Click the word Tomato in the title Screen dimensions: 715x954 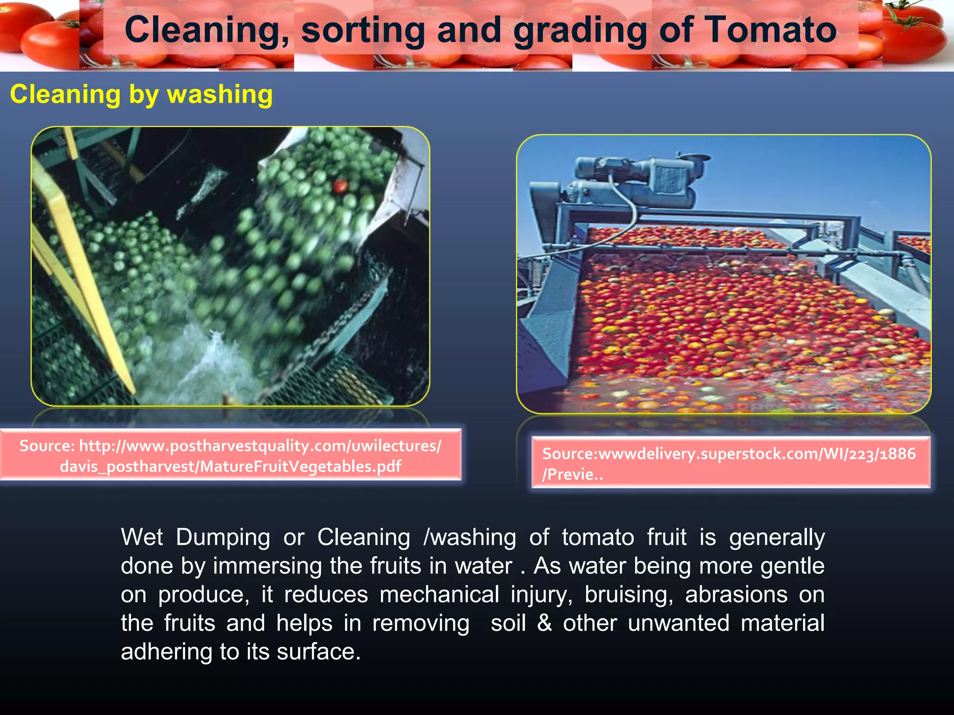coord(770,30)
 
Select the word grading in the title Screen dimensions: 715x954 coord(580,30)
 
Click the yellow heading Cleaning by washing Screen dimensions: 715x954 coord(141,94)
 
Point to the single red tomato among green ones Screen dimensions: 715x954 coord(341,187)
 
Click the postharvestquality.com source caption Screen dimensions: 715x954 coord(230,455)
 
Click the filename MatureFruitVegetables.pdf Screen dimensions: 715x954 coord(300,466)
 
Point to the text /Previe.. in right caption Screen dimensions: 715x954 coord(572,474)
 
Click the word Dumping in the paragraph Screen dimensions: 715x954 coord(223,537)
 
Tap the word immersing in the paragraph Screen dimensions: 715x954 coord(267,566)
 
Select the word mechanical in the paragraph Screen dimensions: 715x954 coord(439,594)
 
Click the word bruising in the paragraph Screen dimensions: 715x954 coord(628,594)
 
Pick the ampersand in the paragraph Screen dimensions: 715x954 coord(544,623)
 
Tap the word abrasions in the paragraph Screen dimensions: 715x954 coord(736,594)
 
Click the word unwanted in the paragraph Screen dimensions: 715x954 coord(678,623)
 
